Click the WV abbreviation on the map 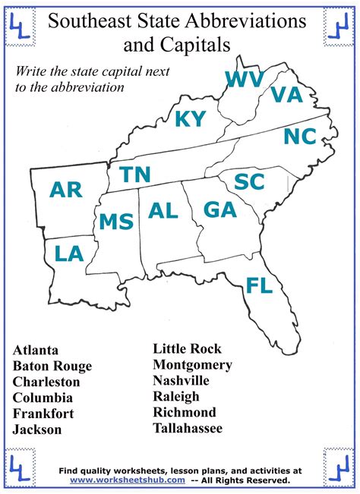245,80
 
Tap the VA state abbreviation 286,94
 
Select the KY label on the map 190,119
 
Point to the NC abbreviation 299,137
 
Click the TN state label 135,175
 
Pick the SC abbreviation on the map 249,182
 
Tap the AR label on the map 66,190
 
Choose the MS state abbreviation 116,222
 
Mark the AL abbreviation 163,210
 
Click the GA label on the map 220,209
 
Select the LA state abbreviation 69,253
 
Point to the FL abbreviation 259,285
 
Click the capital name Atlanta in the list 35,350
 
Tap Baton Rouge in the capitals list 52,366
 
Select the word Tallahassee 188,428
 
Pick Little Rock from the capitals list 187,348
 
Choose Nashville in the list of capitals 181,380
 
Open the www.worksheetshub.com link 128,480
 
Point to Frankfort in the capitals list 43,414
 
